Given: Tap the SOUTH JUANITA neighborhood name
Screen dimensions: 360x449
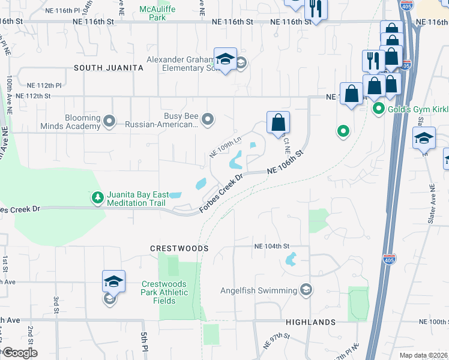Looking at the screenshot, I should point(109,68).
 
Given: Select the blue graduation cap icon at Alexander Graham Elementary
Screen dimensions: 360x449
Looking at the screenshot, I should point(225,59).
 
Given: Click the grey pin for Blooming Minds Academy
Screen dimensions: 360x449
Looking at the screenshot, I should point(109,122).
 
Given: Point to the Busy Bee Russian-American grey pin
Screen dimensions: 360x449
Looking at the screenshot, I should point(208,120).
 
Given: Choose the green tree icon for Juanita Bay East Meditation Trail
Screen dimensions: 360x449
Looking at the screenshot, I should point(97,198).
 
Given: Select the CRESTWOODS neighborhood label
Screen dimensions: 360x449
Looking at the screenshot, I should point(179,248).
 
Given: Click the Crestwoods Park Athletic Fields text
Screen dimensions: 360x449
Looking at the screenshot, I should point(165,292).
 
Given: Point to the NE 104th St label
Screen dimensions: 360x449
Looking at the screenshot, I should point(271,247).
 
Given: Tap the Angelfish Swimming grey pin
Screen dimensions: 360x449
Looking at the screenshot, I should point(306,290).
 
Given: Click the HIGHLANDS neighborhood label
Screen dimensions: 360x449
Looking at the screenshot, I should point(310,322).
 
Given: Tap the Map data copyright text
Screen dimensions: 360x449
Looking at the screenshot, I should point(423,355).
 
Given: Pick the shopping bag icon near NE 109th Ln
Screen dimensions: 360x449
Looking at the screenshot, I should point(278,122).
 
